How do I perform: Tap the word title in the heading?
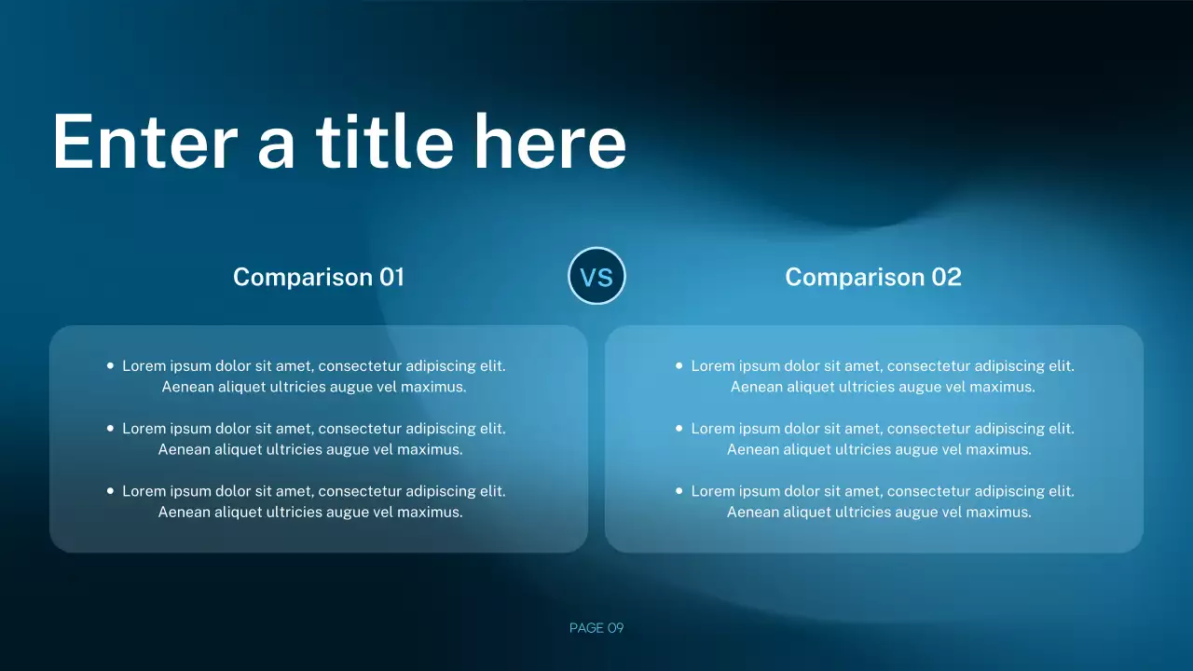tap(384, 142)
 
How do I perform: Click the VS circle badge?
tap(596, 276)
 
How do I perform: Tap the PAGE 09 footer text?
tap(596, 628)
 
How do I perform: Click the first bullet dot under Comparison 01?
tap(111, 366)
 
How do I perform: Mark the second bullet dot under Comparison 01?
tap(111, 429)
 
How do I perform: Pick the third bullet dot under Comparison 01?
tap(111, 490)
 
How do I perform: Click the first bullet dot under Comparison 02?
tap(679, 366)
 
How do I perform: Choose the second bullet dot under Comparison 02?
tap(679, 429)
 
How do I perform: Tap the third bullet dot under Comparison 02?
tap(679, 490)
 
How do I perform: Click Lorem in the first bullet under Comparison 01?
tap(144, 366)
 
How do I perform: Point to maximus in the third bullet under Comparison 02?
tap(1002, 512)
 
